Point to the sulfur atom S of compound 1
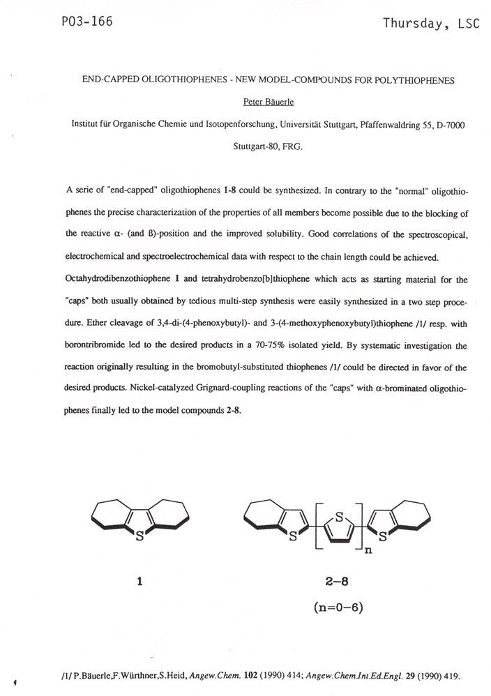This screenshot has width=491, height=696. (x=140, y=537)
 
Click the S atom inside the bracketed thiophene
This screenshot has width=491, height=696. (x=338, y=517)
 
